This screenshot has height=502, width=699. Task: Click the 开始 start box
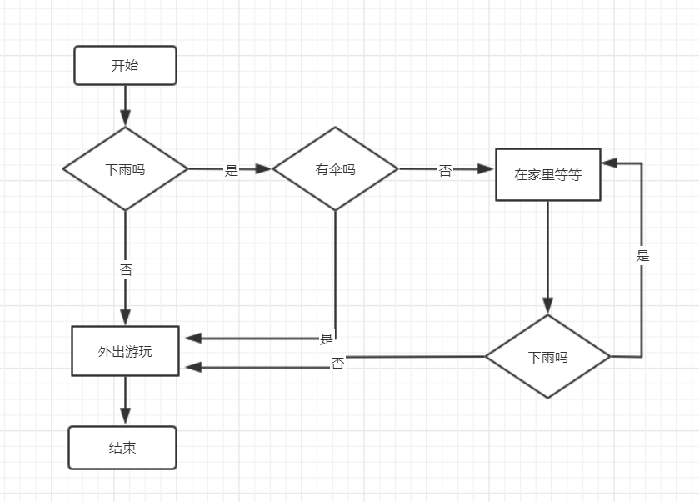click(125, 65)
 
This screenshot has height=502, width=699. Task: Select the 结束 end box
click(122, 448)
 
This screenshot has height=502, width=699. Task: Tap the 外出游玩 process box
click(125, 351)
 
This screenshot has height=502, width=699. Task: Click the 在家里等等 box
click(548, 174)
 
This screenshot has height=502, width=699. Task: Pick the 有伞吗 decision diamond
click(335, 168)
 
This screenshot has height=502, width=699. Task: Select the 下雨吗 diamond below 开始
click(125, 168)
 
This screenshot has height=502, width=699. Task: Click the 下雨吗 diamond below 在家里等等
click(548, 357)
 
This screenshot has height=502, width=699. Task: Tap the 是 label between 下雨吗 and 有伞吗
click(231, 170)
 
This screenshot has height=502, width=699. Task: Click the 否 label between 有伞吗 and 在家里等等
click(445, 170)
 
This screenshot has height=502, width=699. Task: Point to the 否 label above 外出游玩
click(126, 269)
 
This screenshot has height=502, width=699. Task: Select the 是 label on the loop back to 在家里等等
click(642, 256)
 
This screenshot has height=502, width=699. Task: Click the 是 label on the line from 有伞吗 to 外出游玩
click(327, 339)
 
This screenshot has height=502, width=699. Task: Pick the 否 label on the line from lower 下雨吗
click(337, 364)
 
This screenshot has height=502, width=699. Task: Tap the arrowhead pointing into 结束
click(125, 416)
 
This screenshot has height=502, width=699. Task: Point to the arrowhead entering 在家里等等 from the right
click(609, 163)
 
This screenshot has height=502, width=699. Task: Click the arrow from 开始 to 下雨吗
click(125, 106)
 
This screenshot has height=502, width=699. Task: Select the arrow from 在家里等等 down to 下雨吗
click(548, 258)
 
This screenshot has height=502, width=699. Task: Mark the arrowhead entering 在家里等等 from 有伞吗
click(486, 168)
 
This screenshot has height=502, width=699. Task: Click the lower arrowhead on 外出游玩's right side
click(193, 367)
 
